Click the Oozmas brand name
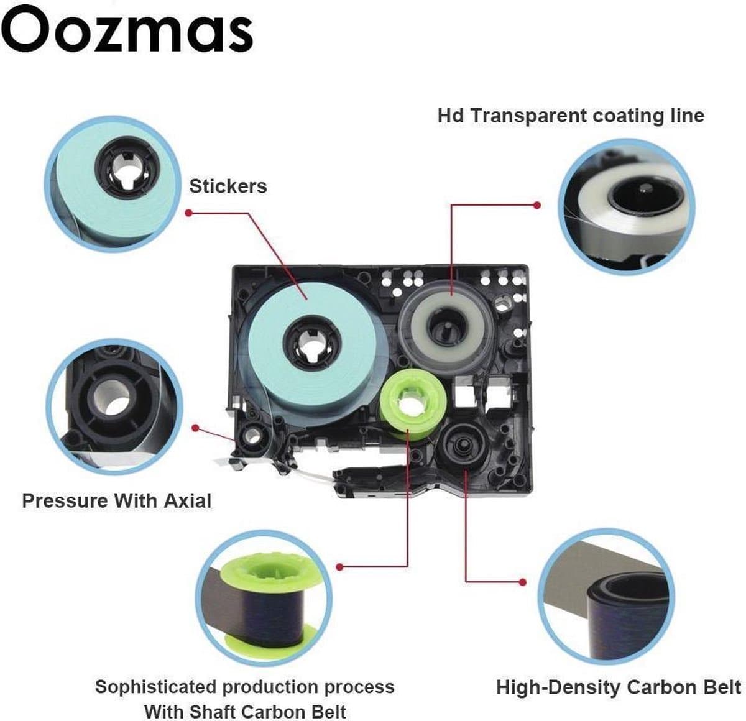tap(127, 29)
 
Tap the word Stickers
tap(228, 186)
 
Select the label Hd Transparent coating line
tap(571, 116)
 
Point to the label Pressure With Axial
tap(116, 501)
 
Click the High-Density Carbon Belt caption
tap(619, 687)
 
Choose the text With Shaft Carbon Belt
tap(245, 712)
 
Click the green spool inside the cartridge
tap(413, 405)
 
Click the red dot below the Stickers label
tap(188, 213)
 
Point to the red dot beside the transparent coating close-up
tap(537, 206)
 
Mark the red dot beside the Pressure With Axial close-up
tap(195, 428)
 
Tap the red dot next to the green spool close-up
tap(339, 566)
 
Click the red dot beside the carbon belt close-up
tap(522, 582)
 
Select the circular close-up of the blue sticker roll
tap(113, 185)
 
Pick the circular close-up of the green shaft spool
tap(264, 599)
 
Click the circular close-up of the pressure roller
tap(114, 406)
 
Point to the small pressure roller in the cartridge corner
tap(252, 435)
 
